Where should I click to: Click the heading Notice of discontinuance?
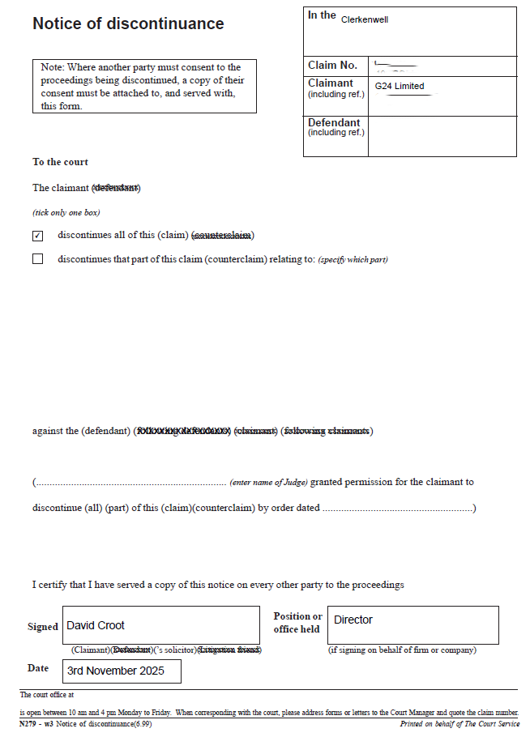[x=128, y=23]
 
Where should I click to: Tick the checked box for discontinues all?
[x=37, y=236]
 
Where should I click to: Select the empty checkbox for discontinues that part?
[x=37, y=259]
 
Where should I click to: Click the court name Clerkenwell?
[x=365, y=19]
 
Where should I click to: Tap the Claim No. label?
[x=332, y=66]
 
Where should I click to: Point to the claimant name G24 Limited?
[x=400, y=86]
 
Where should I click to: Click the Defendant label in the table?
[x=334, y=123]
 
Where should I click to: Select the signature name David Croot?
[x=96, y=625]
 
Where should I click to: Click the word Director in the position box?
[x=353, y=620]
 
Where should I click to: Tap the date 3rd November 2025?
[x=116, y=671]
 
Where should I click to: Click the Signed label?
[x=43, y=626]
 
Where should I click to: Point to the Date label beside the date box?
[x=38, y=668]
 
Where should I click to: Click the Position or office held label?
[x=297, y=623]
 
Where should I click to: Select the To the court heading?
[x=60, y=162]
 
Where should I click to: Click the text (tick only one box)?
[x=66, y=212]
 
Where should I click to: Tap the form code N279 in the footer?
[x=30, y=724]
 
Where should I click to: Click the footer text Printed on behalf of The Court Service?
[x=459, y=724]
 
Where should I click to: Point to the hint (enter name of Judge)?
[x=268, y=483]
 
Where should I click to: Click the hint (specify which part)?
[x=353, y=260]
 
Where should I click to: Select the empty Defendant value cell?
[x=442, y=135]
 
